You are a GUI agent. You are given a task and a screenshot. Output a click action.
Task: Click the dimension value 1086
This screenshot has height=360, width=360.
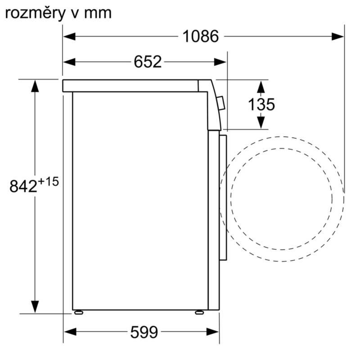click(200, 36)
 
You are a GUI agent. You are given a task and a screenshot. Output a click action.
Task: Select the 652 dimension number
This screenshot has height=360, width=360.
click(147, 62)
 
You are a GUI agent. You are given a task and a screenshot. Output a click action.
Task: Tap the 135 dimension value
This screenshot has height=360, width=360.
click(261, 104)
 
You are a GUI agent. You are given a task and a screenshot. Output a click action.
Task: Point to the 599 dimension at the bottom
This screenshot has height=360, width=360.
click(144, 333)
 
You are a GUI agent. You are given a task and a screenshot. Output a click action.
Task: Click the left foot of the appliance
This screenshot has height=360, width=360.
click(79, 312)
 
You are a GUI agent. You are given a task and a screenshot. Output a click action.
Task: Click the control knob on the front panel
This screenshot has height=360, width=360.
click(220, 103)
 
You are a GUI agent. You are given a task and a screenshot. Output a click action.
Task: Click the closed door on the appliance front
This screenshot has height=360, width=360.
click(223, 196)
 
